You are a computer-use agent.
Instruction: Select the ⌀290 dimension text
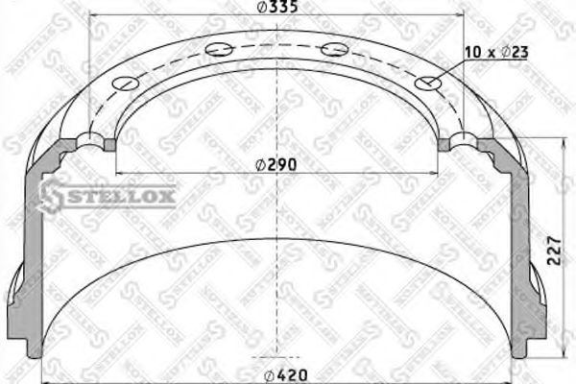click(x=278, y=164)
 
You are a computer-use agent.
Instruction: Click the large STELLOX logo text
click(x=108, y=196)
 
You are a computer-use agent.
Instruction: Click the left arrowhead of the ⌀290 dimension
click(x=121, y=173)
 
